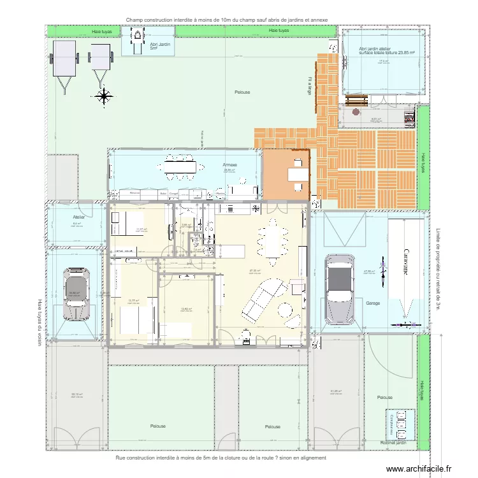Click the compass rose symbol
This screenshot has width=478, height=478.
[103, 96]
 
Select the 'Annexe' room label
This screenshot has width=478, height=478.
[230, 164]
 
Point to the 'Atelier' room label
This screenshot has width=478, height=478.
[78, 217]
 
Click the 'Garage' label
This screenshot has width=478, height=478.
[373, 303]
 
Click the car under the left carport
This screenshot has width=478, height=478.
[77, 296]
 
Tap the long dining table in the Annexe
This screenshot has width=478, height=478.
[181, 166]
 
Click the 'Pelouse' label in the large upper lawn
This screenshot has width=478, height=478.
[242, 92]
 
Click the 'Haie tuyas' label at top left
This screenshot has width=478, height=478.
[101, 31]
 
